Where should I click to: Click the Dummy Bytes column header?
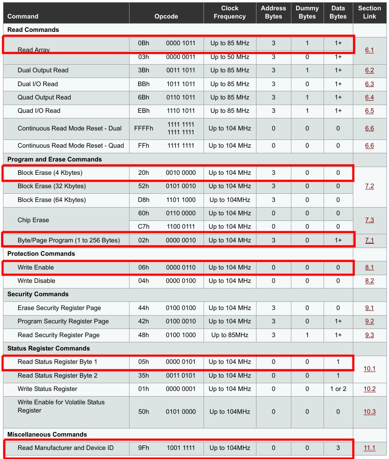click(307, 12)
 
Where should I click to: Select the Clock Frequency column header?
click(230, 12)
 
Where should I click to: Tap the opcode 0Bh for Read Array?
click(144, 43)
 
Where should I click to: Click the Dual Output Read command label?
click(43, 70)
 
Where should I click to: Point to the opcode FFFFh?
click(144, 128)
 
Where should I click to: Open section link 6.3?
click(369, 84)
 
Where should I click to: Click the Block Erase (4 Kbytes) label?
click(50, 173)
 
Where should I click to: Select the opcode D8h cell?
click(144, 200)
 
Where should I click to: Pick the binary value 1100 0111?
click(181, 226)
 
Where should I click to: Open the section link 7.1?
click(369, 240)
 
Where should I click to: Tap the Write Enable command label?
click(36, 267)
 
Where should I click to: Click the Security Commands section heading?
click(38, 294)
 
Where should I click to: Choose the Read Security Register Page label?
click(59, 335)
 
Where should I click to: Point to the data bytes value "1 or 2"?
click(338, 389)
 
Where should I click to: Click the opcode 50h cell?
click(144, 412)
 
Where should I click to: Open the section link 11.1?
click(369, 448)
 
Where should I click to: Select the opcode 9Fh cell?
click(144, 448)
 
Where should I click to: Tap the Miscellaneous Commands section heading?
click(47, 434)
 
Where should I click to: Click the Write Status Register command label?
click(47, 389)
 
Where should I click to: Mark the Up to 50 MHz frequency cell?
click(230, 57)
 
